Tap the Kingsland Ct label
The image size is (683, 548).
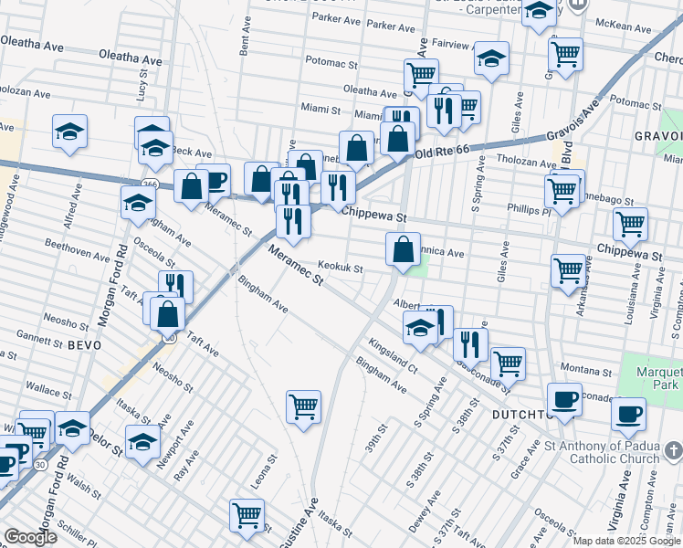point(393,356)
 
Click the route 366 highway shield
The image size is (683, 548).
point(151,184)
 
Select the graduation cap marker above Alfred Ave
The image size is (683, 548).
point(69,132)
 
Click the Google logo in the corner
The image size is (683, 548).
point(30,537)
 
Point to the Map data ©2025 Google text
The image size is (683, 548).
point(625,541)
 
